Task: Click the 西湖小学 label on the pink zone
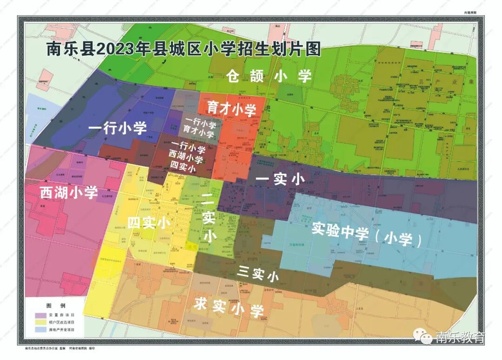click(x=68, y=192)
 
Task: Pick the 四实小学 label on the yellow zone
click(x=149, y=223)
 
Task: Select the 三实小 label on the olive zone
click(x=257, y=274)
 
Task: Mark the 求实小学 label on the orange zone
click(x=229, y=307)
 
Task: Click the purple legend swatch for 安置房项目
click(x=41, y=315)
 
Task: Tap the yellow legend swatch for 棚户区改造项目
click(x=41, y=322)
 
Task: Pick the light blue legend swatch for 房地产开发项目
click(x=41, y=329)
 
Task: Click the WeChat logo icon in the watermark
click(x=426, y=338)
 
